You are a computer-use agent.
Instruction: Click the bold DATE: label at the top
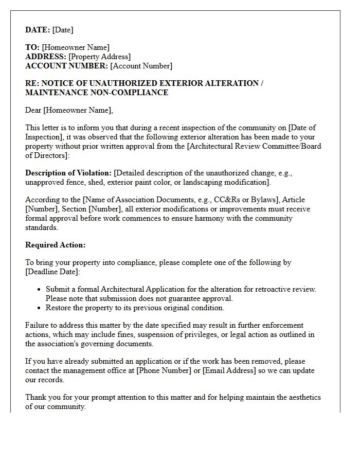click(x=38, y=30)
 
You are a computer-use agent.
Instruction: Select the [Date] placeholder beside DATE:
click(x=63, y=30)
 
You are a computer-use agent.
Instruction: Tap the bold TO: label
click(x=32, y=47)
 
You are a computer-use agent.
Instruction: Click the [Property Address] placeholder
click(x=99, y=57)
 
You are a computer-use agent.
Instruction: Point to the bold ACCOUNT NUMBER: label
click(x=66, y=66)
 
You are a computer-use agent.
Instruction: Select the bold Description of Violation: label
click(x=68, y=172)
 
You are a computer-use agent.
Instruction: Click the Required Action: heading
click(x=56, y=245)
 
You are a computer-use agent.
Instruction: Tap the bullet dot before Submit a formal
click(x=39, y=290)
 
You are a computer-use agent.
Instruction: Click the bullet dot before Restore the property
click(x=39, y=308)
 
